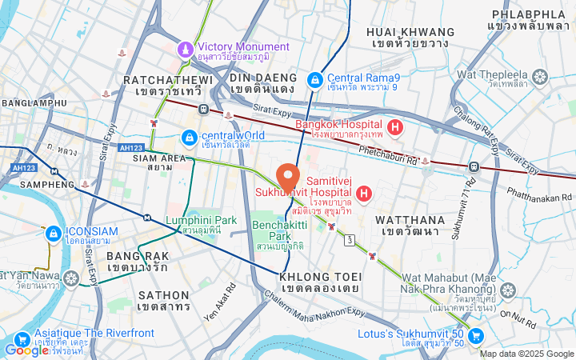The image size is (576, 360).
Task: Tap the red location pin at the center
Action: pyautogui.click(x=287, y=176)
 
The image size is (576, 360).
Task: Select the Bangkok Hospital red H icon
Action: pyautogui.click(x=394, y=127)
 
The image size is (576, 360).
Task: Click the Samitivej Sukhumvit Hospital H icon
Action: pyautogui.click(x=364, y=193)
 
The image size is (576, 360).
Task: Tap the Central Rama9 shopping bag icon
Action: pyautogui.click(x=316, y=80)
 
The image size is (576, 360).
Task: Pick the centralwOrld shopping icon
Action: pyautogui.click(x=189, y=138)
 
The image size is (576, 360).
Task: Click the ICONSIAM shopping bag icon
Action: pyautogui.click(x=53, y=234)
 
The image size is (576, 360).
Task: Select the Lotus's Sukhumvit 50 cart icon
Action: pyautogui.click(x=476, y=335)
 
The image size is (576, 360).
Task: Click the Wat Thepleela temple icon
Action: pyautogui.click(x=540, y=78)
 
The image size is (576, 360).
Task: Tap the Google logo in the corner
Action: pyautogui.click(x=26, y=350)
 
